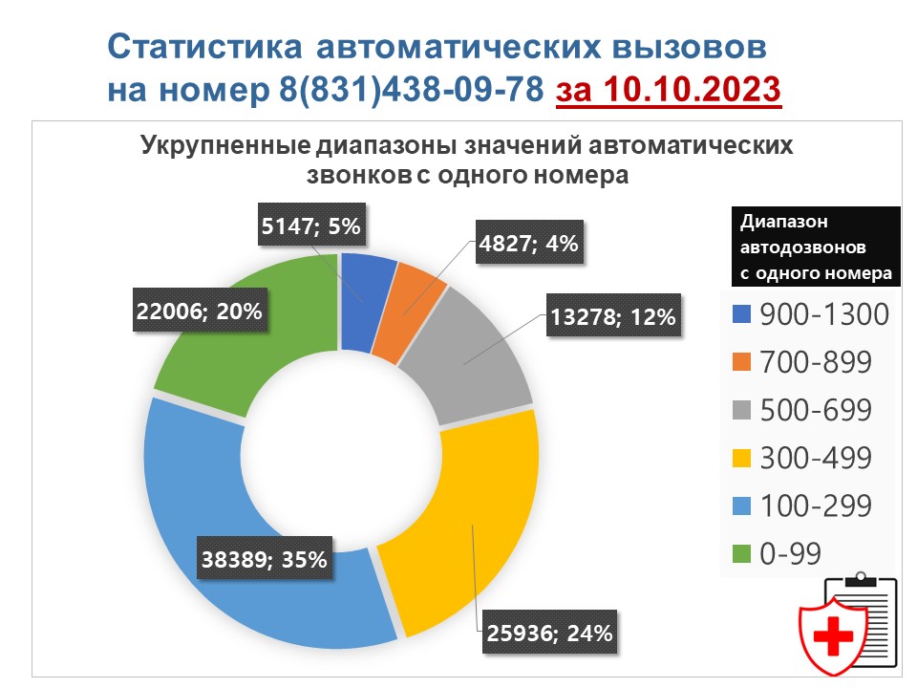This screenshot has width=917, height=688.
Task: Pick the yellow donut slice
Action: coord(468,527)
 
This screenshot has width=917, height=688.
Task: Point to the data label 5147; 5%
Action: coord(311,225)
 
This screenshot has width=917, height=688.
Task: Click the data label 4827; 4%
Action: coord(529,242)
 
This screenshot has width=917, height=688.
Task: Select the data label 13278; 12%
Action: coord(613,315)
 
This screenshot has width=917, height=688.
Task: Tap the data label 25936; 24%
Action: coord(550,632)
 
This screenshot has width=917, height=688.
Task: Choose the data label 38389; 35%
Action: coord(265,558)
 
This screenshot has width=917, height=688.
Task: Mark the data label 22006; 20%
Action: coord(200,310)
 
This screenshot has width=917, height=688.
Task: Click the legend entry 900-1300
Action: coord(811,314)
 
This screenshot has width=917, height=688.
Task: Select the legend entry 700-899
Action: coord(801,362)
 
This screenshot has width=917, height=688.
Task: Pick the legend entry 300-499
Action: coord(801,458)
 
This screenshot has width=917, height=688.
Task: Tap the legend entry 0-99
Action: coord(777,553)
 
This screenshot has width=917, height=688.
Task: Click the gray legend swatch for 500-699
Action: coord(741,410)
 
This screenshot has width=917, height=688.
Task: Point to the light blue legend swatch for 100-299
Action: coord(741,505)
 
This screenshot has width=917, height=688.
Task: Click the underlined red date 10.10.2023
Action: coord(693,90)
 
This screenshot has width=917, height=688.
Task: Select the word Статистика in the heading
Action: coord(204,46)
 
